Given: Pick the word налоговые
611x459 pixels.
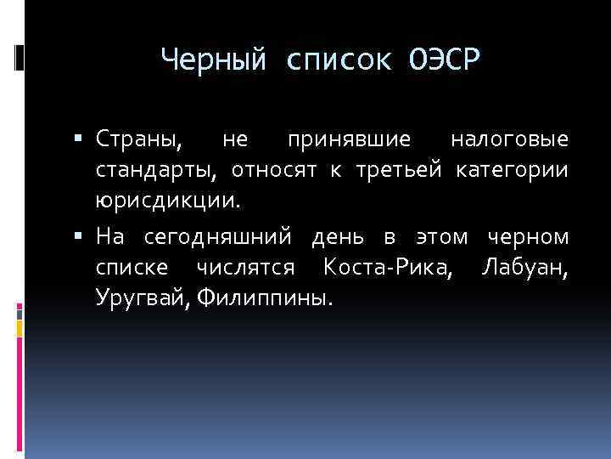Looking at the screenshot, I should pyautogui.click(x=510, y=139).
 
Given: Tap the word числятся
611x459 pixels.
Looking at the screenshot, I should pyautogui.click(x=245, y=268).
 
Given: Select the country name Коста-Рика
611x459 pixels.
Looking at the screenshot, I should pyautogui.click(x=387, y=268).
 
